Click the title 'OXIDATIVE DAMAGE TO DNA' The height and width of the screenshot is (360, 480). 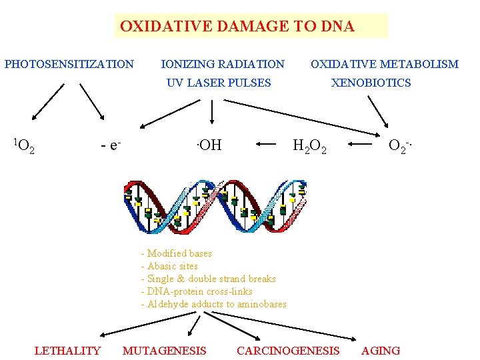pyautogui.click(x=237, y=27)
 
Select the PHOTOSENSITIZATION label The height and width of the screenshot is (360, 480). pyautogui.click(x=69, y=65)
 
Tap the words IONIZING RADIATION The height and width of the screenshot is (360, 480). pyautogui.click(x=223, y=65)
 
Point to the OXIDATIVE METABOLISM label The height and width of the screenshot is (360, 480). pyautogui.click(x=385, y=65)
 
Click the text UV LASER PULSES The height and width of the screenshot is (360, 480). pyautogui.click(x=219, y=83)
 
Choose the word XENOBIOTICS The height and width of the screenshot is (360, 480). pyautogui.click(x=371, y=83)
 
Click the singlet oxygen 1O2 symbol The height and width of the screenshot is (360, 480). pyautogui.click(x=25, y=145)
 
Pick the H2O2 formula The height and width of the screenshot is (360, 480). pyautogui.click(x=309, y=145)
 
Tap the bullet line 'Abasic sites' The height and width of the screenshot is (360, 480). pyautogui.click(x=169, y=266)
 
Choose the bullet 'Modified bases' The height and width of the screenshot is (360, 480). pyautogui.click(x=177, y=253)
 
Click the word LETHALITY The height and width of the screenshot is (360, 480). pyautogui.click(x=67, y=351)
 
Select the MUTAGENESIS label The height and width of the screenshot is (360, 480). pyautogui.click(x=165, y=351)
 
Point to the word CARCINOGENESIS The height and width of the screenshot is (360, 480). pyautogui.click(x=288, y=351)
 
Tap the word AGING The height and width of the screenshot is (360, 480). pyautogui.click(x=381, y=351)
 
